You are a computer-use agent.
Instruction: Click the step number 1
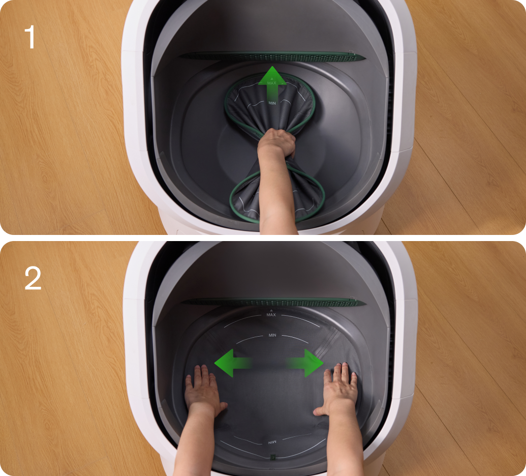(30, 37)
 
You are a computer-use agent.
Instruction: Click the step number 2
(33, 278)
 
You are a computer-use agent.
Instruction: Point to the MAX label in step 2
(271, 314)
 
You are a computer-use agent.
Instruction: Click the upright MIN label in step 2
(272, 335)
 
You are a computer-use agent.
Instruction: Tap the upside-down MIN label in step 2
(272, 442)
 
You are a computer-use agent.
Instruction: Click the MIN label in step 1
(272, 103)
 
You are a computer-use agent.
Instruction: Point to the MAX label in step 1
(272, 83)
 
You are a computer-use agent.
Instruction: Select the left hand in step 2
(202, 390)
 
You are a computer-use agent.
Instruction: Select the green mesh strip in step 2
(273, 302)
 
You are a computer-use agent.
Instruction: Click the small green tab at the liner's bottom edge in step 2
(273, 457)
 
